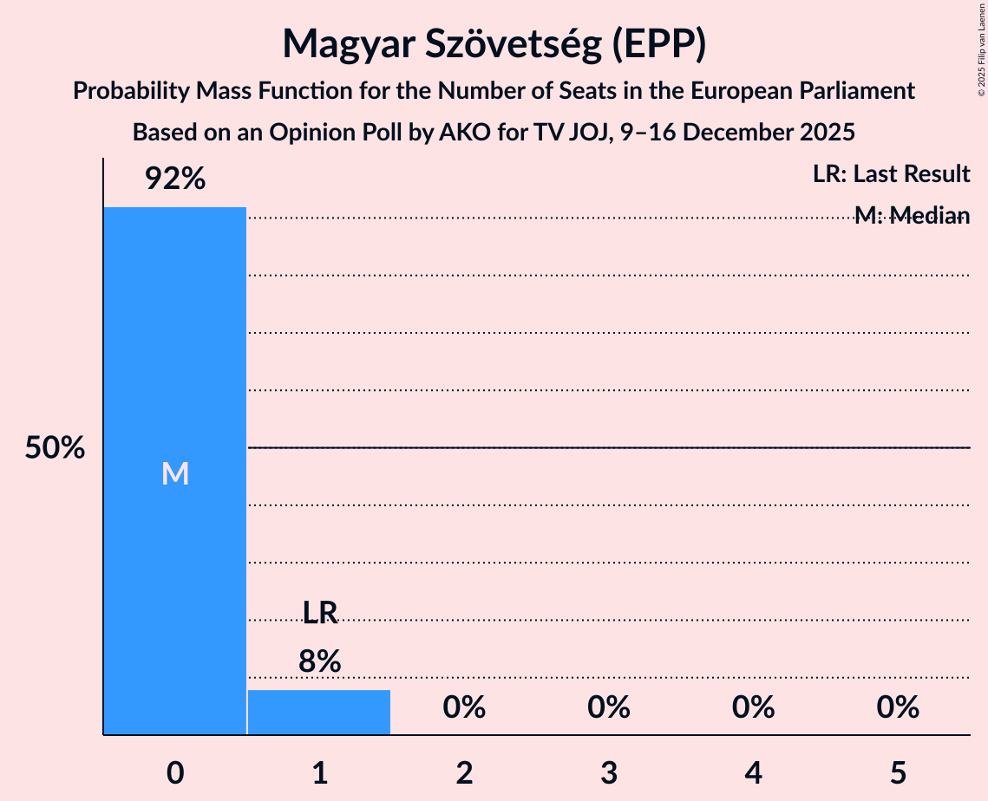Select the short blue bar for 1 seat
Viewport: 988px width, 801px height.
pyautogui.click(x=319, y=713)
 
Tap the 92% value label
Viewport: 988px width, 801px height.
pyautogui.click(x=175, y=179)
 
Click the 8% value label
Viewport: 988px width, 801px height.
pyautogui.click(x=319, y=661)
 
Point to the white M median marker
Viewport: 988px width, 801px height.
pyautogui.click(x=175, y=473)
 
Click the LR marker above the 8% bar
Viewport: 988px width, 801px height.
pyautogui.click(x=319, y=613)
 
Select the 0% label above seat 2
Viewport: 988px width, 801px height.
pyautogui.click(x=464, y=708)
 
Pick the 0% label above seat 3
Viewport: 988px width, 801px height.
pyautogui.click(x=608, y=708)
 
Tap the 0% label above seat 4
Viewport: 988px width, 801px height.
pyautogui.click(x=753, y=708)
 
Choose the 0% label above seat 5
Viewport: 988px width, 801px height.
pyautogui.click(x=897, y=708)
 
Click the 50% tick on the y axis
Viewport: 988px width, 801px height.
pyautogui.click(x=55, y=448)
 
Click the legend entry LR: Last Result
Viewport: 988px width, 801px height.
pyautogui.click(x=891, y=174)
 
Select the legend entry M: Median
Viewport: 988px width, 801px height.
pyautogui.click(x=911, y=216)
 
